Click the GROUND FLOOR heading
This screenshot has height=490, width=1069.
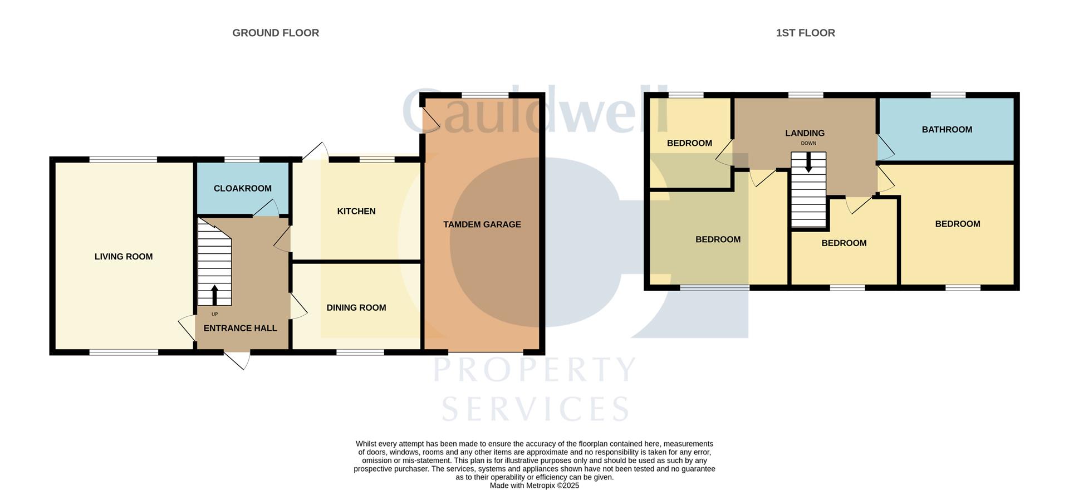[276, 33]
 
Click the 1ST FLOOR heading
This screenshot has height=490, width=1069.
[805, 33]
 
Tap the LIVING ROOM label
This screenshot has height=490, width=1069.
[123, 257]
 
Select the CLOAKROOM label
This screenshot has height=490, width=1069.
[242, 188]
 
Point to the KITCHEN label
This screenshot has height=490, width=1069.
[356, 211]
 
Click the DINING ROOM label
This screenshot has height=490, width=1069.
[356, 307]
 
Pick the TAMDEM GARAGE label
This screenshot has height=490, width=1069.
[482, 224]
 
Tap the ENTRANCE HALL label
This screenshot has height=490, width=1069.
[240, 328]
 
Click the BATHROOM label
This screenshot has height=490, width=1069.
[947, 129]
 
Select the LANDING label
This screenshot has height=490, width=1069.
[805, 133]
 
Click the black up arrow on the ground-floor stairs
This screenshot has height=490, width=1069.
[215, 295]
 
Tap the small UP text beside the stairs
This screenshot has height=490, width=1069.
[214, 314]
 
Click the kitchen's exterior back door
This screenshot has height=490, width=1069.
[316, 151]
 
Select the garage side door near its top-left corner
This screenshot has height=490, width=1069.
[430, 120]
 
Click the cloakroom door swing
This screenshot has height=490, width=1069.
[267, 208]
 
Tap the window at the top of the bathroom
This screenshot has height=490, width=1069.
[948, 95]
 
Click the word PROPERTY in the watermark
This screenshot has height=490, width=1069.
[534, 370]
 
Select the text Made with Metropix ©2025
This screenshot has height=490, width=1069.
[534, 486]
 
